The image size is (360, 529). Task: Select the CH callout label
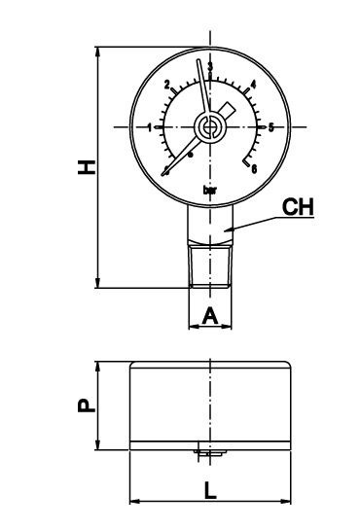pos(297,206)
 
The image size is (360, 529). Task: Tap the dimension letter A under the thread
pos(210,314)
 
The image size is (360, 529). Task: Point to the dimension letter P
pos(87,405)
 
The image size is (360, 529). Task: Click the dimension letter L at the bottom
pos(211,491)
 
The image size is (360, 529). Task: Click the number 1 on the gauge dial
pos(150,127)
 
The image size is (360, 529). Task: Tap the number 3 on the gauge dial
pos(210,66)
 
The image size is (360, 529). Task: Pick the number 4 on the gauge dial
pos(253,85)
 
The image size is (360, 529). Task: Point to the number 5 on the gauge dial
pos(271,127)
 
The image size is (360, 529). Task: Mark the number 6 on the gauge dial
pos(254,169)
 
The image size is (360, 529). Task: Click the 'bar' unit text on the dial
pos(210,190)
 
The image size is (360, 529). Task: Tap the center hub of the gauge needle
pos(210,126)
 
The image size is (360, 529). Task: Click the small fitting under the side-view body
pos(209,450)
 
